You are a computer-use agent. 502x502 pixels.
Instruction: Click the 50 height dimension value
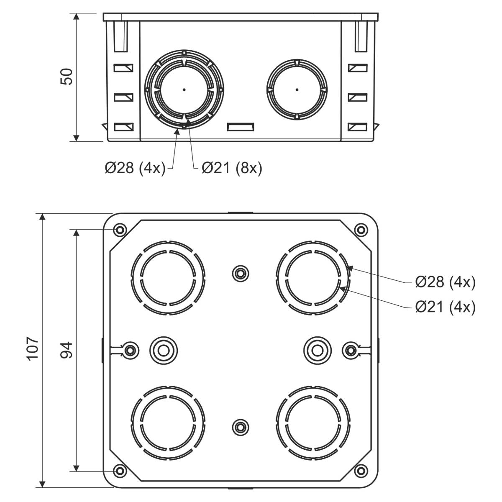click(67, 77)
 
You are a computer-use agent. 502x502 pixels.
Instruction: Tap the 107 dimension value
click(33, 347)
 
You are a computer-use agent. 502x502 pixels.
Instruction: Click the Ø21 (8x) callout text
click(232, 168)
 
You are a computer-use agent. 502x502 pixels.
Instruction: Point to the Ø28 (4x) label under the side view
click(135, 168)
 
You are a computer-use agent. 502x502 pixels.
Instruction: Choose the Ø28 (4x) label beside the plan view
click(446, 282)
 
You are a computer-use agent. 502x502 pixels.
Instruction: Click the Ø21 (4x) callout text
click(446, 307)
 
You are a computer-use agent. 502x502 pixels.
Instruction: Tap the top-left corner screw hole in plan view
click(120, 230)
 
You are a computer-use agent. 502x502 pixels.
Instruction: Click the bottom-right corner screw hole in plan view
click(360, 471)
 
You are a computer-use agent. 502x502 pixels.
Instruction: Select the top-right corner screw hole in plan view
click(360, 230)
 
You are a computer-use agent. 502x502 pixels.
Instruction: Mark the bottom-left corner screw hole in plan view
click(120, 471)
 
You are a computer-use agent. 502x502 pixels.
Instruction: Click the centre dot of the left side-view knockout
click(184, 90)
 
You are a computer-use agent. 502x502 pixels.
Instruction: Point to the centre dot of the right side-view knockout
click(297, 90)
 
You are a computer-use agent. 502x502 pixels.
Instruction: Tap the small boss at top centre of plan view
click(240, 274)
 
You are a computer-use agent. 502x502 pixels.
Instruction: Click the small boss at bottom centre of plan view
click(240, 427)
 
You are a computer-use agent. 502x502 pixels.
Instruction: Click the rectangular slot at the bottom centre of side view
click(241, 126)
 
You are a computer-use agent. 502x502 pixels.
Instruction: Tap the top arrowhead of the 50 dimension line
click(76, 17)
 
